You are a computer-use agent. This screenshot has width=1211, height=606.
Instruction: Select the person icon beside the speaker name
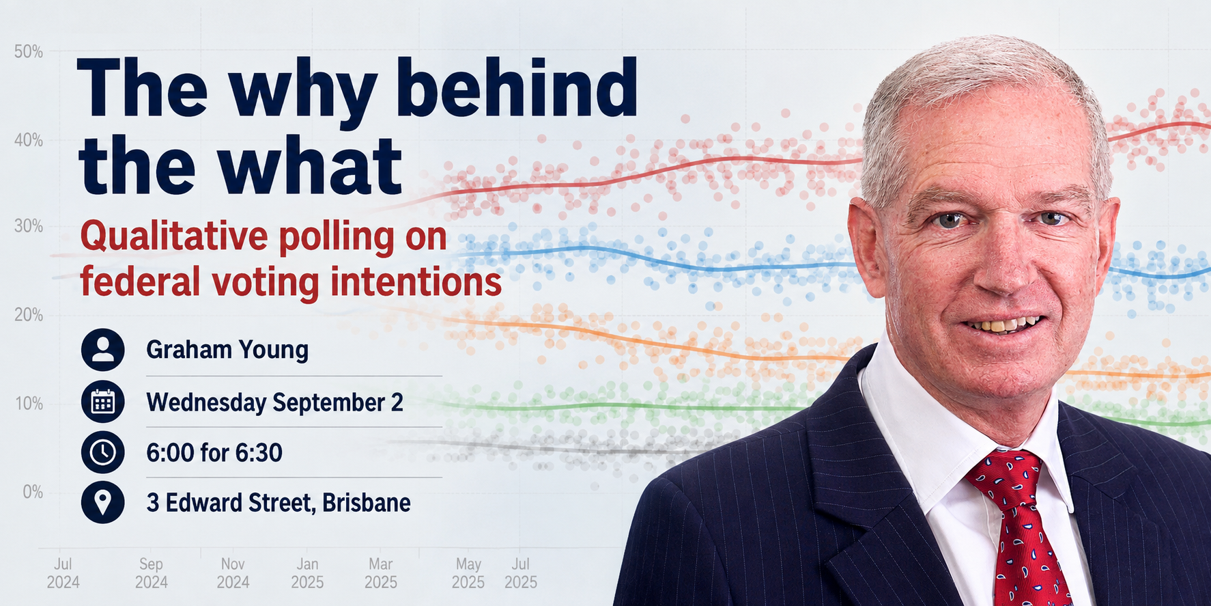[x=102, y=349]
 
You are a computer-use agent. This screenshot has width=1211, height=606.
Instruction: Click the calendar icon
[x=102, y=401]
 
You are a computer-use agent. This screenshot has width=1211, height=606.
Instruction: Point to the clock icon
[x=102, y=452]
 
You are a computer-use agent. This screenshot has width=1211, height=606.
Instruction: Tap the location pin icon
[x=102, y=503]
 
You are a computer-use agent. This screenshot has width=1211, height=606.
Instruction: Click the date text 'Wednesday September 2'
[x=274, y=402]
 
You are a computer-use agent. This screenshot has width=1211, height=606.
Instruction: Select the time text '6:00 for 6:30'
[x=214, y=452]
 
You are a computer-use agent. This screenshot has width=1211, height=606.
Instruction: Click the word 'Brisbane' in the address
[x=367, y=503]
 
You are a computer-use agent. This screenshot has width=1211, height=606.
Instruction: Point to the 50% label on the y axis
[x=29, y=52]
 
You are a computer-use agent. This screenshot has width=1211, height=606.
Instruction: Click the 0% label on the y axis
[x=33, y=492]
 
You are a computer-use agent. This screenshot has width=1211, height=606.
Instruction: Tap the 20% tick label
[x=29, y=315]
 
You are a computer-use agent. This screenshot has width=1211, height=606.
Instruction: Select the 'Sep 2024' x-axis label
[x=151, y=573]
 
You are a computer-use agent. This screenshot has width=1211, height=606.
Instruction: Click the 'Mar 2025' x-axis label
[x=381, y=573]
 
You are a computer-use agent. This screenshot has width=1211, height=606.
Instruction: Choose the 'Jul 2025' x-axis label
[x=521, y=573]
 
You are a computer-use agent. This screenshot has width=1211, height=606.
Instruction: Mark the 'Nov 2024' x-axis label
[x=233, y=573]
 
